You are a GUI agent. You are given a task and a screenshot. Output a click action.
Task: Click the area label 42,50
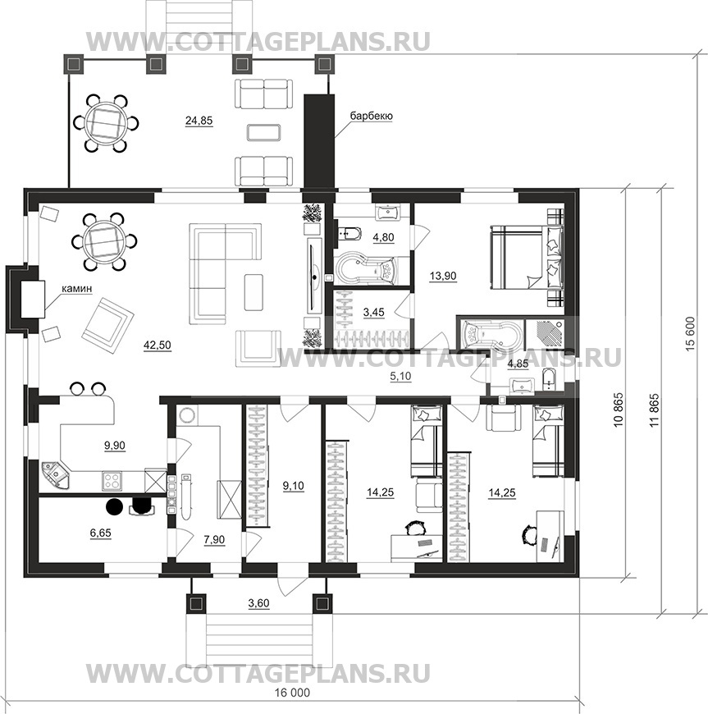click(157, 346)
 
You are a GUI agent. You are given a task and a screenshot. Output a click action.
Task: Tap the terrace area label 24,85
click(199, 121)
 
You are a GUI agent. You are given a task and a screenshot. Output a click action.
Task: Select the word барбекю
click(371, 116)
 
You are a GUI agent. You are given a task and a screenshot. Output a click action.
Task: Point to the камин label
click(77, 289)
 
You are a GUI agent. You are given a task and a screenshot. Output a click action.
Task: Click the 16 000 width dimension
click(292, 693)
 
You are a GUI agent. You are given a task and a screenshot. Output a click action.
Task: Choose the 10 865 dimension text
click(618, 410)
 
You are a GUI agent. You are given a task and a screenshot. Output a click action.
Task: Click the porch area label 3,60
click(258, 603)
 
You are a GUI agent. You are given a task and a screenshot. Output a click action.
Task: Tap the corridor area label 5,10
click(400, 376)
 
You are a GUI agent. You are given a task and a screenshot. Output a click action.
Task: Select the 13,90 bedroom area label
click(443, 276)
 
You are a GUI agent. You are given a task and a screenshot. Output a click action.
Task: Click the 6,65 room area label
click(100, 533)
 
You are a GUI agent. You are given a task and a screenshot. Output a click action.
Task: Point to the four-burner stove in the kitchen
click(112, 481)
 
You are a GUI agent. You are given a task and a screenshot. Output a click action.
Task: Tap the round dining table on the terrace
click(106, 123)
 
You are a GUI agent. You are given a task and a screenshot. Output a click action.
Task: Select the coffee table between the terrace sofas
click(264, 132)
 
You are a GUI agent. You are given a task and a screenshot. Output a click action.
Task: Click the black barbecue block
click(318, 141)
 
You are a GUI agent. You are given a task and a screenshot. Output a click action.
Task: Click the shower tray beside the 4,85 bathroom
click(545, 334)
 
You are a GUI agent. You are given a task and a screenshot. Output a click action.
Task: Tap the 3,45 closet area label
click(373, 313)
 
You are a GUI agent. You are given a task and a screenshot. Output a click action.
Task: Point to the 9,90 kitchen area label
click(114, 446)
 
